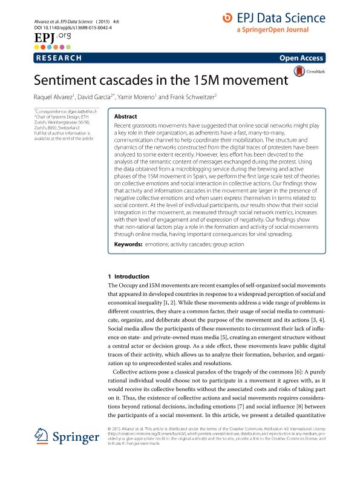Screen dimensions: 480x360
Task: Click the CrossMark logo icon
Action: point(299,72)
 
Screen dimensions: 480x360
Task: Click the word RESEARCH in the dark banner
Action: point(59,58)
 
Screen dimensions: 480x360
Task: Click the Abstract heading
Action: point(125,116)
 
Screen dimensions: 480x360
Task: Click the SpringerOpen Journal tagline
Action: point(272,30)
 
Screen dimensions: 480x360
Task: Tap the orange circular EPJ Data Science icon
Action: point(227,19)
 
